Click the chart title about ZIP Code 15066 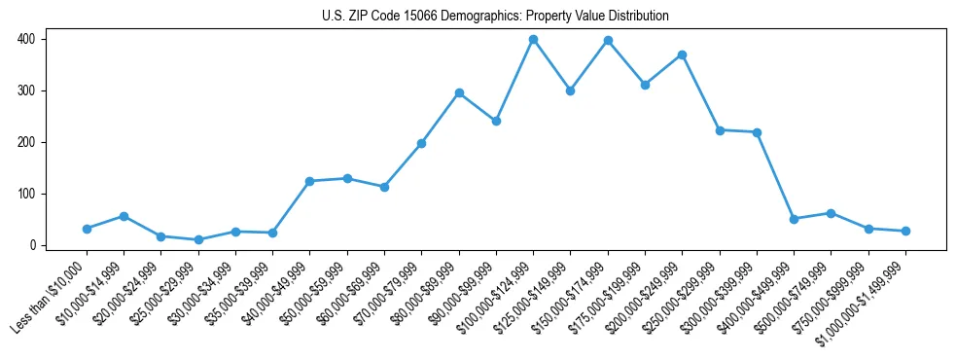click(x=495, y=17)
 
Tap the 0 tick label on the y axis click(x=32, y=245)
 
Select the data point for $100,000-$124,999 click(x=533, y=39)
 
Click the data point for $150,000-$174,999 click(x=608, y=40)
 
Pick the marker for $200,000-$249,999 click(x=682, y=54)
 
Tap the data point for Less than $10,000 click(x=87, y=229)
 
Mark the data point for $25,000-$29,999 click(x=198, y=239)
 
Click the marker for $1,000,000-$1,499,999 click(x=905, y=231)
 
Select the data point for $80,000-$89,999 click(x=459, y=92)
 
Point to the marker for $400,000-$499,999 click(x=794, y=219)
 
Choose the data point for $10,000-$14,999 click(x=124, y=216)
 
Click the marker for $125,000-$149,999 click(x=570, y=90)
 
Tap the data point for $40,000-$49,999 click(x=309, y=181)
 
